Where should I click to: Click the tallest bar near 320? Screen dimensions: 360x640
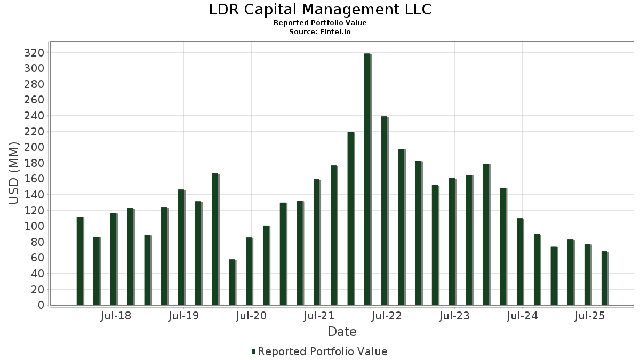(367, 179)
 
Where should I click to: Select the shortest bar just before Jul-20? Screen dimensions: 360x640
(232, 282)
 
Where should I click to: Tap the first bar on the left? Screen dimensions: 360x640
(79, 261)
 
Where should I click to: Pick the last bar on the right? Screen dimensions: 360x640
(604, 278)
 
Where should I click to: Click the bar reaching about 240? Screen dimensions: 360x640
(385, 211)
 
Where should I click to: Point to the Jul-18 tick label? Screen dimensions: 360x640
(116, 316)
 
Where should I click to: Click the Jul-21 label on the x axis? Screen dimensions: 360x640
(319, 316)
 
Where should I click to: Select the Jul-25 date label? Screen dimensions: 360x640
(590, 316)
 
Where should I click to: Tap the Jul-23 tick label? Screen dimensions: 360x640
(454, 316)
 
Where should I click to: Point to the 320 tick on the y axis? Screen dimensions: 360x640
(34, 53)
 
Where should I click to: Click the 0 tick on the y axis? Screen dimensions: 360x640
(41, 305)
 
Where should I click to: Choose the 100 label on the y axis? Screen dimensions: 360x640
(34, 226)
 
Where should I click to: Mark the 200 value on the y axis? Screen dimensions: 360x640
(34, 147)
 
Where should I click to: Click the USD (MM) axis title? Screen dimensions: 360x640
(14, 173)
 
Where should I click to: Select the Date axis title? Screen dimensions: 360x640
(342, 332)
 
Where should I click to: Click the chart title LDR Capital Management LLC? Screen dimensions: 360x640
(320, 10)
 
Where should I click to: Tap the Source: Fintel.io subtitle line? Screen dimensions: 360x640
(320, 31)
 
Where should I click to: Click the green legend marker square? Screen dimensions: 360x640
(254, 351)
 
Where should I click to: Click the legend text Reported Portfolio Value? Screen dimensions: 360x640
(323, 351)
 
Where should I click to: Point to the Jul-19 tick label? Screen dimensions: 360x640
(183, 316)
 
